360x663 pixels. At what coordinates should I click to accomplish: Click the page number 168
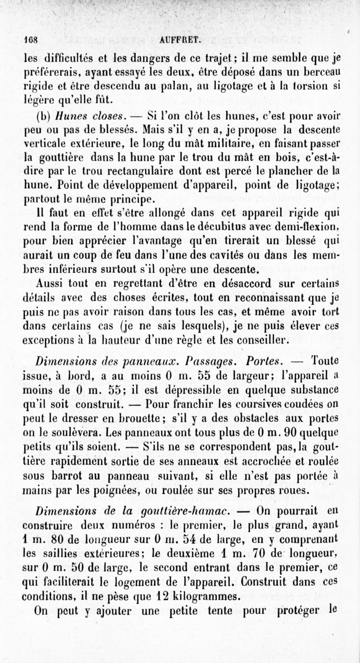(31, 39)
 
